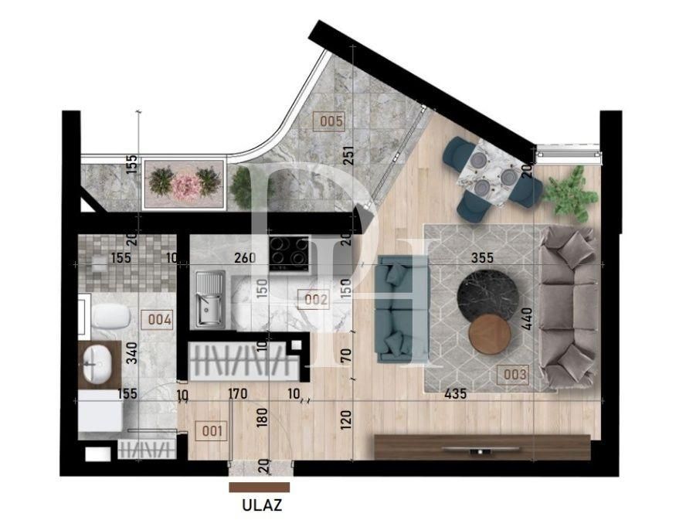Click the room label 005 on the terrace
pos(330,121)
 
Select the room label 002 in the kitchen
pos(317,300)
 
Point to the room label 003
pos(514,375)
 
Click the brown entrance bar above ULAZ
pos(260,488)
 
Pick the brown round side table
pos(490,334)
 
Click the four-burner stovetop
pos(289,254)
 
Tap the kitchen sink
pos(209,299)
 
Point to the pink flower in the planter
pos(185,185)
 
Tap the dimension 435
pos(456,394)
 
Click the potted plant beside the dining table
pos(572,192)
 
